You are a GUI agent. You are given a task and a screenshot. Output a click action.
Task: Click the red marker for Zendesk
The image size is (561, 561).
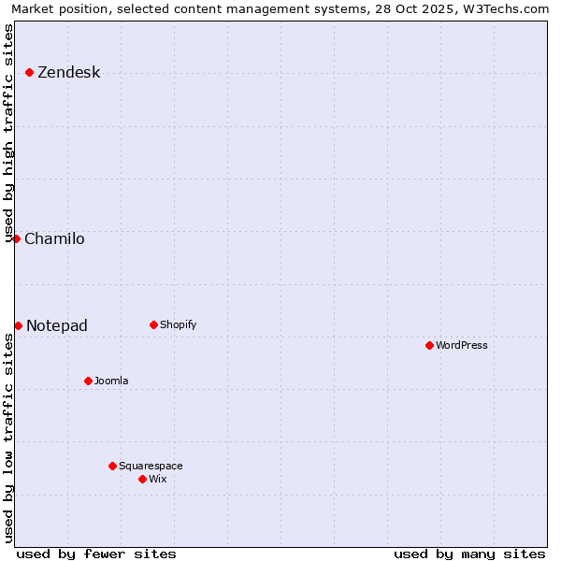point(29,72)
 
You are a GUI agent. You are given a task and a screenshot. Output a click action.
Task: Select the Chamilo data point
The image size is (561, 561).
point(16,238)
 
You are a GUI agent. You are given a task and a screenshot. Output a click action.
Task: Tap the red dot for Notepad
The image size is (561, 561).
point(18,325)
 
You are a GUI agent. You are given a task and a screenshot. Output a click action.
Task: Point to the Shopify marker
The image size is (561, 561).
point(153,324)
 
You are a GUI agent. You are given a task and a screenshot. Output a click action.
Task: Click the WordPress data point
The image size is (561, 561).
point(429,345)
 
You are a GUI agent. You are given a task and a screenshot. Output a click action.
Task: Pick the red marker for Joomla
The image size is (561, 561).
point(88,381)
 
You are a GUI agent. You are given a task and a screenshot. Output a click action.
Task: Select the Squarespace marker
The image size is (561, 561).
point(112,466)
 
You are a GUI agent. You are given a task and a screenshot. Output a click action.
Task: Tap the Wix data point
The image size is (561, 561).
point(142,479)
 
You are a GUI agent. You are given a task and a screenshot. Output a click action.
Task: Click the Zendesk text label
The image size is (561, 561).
point(68,73)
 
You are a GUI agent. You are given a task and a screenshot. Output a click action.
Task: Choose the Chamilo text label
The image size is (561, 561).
point(54,239)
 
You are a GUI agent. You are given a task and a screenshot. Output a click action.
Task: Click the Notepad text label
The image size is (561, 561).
point(57,326)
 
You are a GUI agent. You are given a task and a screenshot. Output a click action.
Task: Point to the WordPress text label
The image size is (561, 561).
point(462,346)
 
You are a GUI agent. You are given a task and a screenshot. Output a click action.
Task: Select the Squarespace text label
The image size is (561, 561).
point(151,467)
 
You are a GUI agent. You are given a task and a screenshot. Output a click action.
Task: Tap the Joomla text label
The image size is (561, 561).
point(111,381)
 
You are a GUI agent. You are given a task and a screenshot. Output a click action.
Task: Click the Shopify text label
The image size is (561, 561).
point(178,325)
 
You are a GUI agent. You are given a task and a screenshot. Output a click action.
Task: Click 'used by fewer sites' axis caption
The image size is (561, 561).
point(96,554)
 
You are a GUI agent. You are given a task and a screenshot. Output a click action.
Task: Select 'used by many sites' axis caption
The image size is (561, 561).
point(469,554)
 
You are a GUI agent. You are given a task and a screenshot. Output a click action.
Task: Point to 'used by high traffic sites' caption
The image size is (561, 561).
point(8,133)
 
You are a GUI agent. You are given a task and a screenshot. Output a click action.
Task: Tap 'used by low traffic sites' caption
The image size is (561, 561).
point(8,438)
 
